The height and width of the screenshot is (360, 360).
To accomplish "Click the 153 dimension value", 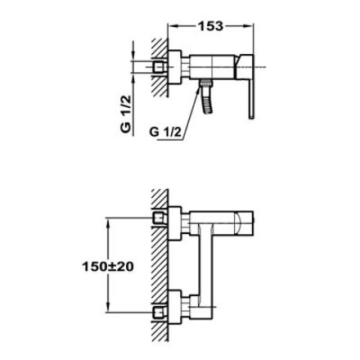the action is [210, 26].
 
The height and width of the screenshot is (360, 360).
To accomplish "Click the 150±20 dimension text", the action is [108, 267].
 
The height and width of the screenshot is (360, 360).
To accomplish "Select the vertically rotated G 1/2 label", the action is [126, 114].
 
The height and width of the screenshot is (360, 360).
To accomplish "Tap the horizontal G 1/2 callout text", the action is [165, 133].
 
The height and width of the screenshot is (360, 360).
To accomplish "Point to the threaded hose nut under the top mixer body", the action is [205, 83].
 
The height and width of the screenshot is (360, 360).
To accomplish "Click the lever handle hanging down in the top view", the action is [251, 99].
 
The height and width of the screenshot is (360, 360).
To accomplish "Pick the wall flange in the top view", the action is [175, 67].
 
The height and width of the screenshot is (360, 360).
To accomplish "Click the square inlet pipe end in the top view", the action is [159, 67].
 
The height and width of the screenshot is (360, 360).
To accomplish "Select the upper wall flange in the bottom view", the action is [175, 223].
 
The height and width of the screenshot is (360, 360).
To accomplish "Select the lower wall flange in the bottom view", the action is [175, 308].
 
